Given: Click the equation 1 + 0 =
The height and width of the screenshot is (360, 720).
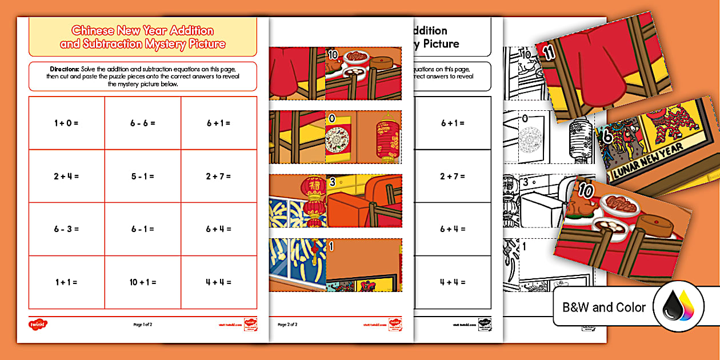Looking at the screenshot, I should (66, 123).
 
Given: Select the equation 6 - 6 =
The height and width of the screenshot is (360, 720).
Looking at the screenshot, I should (143, 123).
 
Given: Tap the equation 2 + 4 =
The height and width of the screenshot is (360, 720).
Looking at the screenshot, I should (66, 176).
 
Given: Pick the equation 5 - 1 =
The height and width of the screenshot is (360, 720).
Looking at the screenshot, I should (143, 176).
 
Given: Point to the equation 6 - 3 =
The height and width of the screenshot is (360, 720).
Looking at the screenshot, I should (66, 229).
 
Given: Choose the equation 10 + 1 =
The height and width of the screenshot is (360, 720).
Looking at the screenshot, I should (143, 282).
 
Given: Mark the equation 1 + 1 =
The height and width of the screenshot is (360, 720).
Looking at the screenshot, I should (66, 282).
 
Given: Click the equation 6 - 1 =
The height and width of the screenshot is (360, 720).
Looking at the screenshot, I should (143, 229).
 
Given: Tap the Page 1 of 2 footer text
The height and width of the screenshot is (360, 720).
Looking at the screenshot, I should (143, 325).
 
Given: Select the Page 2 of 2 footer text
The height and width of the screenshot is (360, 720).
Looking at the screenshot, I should (287, 325).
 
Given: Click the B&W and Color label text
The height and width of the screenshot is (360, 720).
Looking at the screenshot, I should (604, 307).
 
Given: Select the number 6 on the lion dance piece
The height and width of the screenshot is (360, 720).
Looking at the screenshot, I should (607, 137).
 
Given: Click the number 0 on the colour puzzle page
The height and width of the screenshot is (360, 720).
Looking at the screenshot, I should (331, 119).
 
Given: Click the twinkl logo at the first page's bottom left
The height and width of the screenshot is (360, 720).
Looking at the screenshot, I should (38, 325).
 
